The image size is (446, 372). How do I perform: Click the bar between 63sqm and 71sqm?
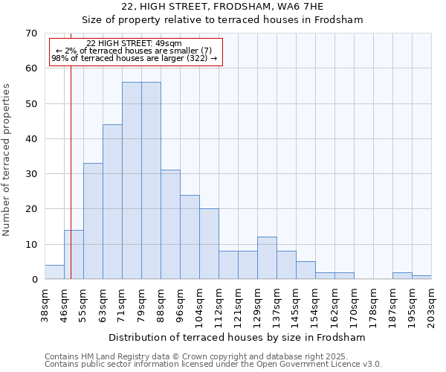(112, 202)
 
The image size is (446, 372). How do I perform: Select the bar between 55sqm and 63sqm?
(93, 221)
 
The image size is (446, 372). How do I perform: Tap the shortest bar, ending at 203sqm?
(421, 278)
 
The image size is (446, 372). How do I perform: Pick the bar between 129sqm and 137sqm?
(267, 258)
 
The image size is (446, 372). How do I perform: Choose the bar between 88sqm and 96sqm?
(170, 225)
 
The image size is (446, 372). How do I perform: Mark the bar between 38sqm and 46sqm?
(54, 272)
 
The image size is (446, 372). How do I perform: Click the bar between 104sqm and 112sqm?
(209, 244)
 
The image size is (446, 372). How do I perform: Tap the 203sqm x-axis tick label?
(432, 306)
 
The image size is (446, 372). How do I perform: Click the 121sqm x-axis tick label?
(239, 306)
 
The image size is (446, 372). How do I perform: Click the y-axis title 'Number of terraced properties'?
(7, 160)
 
